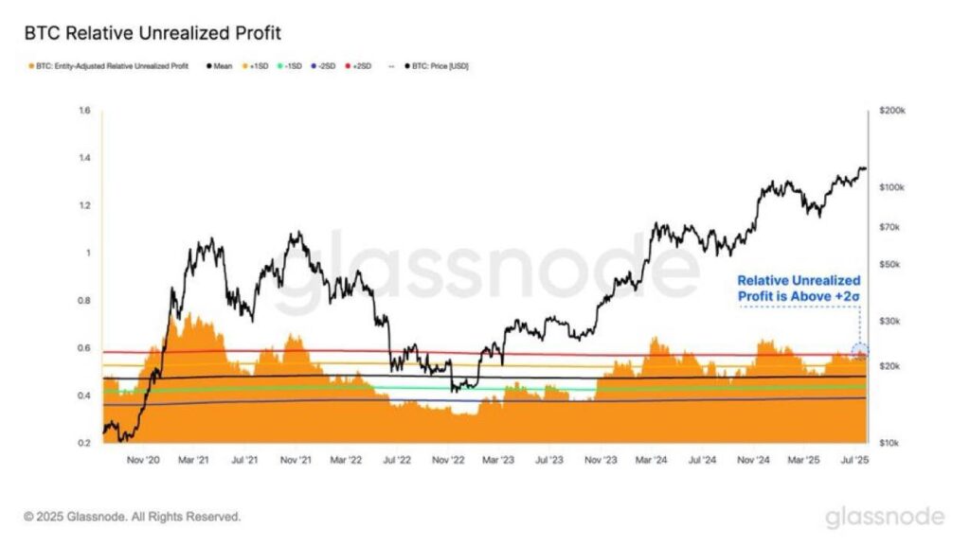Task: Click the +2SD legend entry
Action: (363, 66)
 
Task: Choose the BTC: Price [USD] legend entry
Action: (437, 66)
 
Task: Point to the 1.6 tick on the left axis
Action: (84, 111)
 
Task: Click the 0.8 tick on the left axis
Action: (84, 301)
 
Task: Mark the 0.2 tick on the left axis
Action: (84, 443)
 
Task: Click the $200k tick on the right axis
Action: (893, 111)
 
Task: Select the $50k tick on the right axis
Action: (891, 264)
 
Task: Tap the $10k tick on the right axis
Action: (891, 443)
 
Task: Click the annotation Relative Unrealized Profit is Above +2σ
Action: (799, 290)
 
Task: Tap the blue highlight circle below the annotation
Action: (860, 352)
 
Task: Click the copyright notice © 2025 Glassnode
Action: (133, 517)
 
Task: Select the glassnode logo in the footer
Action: (884, 517)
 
